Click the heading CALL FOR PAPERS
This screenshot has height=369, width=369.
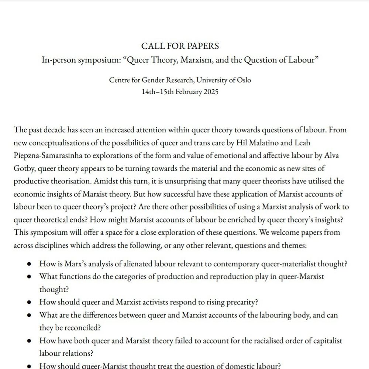point(180,46)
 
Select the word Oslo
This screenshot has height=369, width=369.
point(244,80)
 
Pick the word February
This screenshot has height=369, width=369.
point(189,92)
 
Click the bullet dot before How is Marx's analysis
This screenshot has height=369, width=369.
point(29,264)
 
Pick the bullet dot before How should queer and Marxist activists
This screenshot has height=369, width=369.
point(29,302)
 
